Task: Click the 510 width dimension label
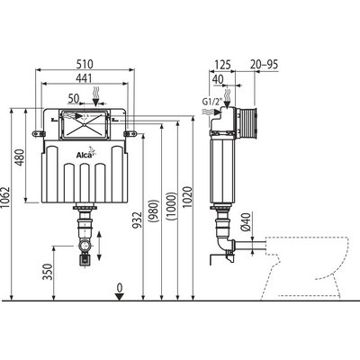85,64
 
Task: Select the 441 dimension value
84,78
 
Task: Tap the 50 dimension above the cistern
73,98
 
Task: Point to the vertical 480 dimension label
21,157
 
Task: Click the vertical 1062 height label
5,198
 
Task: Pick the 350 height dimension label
48,272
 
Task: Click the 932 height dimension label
137,220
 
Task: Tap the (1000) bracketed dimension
171,207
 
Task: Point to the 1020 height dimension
187,197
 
